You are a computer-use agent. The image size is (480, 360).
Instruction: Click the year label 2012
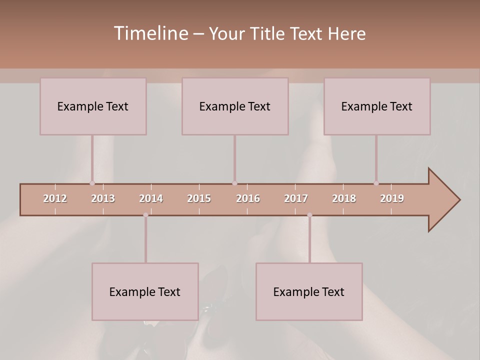click(x=55, y=198)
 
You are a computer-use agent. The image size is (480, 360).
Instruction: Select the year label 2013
click(x=103, y=198)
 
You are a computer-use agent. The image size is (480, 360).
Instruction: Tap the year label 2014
click(x=151, y=198)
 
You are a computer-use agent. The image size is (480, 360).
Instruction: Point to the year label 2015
click(x=199, y=198)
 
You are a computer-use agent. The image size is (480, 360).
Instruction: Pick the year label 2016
click(x=248, y=198)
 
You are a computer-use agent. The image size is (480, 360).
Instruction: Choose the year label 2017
click(x=296, y=198)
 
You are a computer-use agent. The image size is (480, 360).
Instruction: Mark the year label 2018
click(x=344, y=198)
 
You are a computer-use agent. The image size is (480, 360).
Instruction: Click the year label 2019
click(x=392, y=198)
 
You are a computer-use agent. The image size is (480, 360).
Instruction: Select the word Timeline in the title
click(x=150, y=33)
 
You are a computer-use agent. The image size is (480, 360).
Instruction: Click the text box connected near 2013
click(x=93, y=106)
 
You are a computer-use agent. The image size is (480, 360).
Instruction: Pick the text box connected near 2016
click(x=235, y=106)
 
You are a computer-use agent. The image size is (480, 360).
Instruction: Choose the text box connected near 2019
click(x=377, y=106)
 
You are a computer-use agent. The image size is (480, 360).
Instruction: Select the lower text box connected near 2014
click(x=145, y=291)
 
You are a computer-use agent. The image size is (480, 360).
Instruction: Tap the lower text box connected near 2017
click(x=309, y=291)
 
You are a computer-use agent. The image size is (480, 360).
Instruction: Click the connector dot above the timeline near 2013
click(x=92, y=183)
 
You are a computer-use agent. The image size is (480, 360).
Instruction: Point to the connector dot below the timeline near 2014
click(x=145, y=215)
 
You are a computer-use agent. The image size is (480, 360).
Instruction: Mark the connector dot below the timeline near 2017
click(x=309, y=215)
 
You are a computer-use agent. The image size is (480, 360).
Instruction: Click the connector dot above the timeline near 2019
click(x=376, y=183)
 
